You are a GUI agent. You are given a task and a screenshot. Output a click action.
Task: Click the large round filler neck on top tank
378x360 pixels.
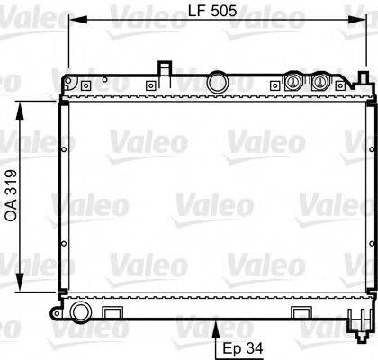(217, 83)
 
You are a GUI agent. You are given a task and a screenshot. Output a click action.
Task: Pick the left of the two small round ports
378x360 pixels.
(292, 82)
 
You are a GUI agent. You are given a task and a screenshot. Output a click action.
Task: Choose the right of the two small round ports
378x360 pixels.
(319, 82)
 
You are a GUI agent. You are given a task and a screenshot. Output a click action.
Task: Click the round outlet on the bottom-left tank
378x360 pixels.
(81, 287)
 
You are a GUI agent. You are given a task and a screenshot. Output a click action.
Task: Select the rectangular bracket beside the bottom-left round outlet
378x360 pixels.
(112, 287)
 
